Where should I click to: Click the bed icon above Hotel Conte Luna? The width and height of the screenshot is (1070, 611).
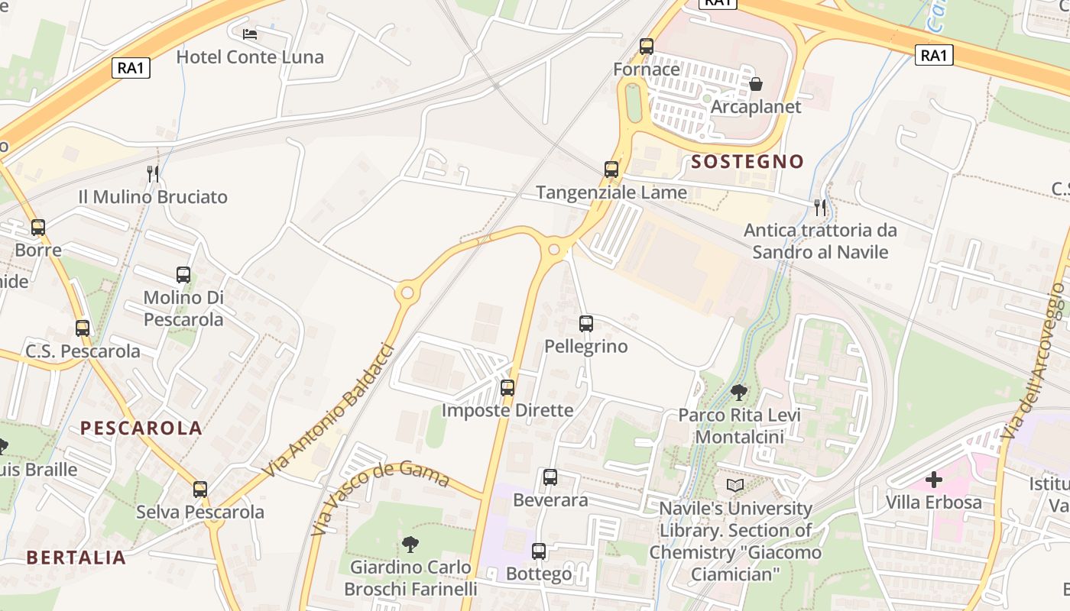point(250,34)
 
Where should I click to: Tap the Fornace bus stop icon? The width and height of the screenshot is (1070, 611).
point(647,46)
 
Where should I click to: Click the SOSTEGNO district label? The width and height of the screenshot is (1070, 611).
point(747,161)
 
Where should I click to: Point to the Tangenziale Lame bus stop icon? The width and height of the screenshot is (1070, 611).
point(611,170)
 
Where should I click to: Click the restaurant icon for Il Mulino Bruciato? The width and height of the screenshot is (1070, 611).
point(153,174)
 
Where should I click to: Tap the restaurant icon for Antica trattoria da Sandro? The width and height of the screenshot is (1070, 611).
point(820,207)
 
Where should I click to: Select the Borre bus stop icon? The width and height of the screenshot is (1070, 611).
point(38,227)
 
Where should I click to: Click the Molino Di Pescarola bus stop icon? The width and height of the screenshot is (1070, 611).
point(183,275)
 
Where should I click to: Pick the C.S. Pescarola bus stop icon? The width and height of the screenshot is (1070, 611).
point(83,328)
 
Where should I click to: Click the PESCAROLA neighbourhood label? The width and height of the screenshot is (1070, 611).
point(141,428)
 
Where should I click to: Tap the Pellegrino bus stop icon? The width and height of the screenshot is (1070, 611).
point(586,324)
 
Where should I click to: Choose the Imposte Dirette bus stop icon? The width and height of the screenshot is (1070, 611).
point(507,388)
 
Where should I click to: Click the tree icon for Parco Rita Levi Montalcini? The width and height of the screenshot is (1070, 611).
point(739,393)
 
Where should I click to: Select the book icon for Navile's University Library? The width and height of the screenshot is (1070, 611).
point(734,486)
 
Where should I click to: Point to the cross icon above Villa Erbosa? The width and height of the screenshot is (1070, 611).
point(933,480)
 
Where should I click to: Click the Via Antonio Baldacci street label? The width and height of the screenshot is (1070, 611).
point(329,410)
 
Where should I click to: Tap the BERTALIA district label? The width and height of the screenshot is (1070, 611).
point(76,558)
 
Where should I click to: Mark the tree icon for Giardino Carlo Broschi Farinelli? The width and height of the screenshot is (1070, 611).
point(410,544)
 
